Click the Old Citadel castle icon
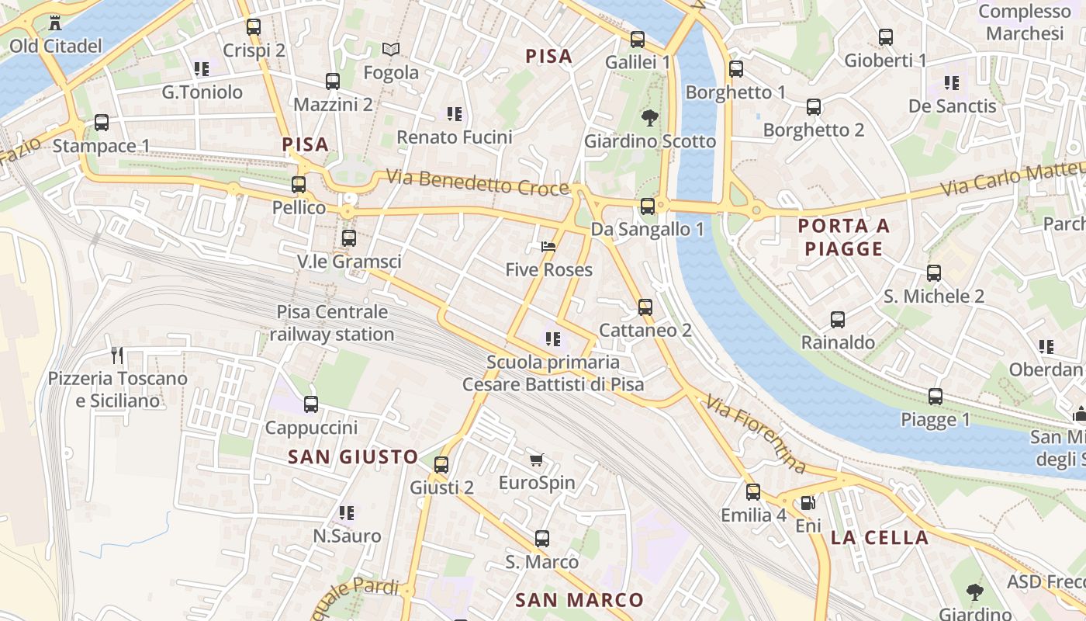click(x=54, y=23)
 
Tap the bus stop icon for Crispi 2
click(x=254, y=27)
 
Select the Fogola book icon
click(x=392, y=50)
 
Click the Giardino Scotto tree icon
click(x=649, y=118)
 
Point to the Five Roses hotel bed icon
click(x=548, y=247)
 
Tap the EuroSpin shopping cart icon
click(x=536, y=460)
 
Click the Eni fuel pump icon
click(x=808, y=503)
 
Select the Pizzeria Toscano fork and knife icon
click(x=118, y=356)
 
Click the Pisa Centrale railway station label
click(x=332, y=323)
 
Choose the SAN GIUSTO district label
click(x=353, y=456)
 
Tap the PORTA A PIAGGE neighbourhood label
click(x=844, y=238)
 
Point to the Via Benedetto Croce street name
click(x=478, y=182)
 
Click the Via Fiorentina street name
click(x=756, y=433)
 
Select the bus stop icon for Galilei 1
click(x=638, y=39)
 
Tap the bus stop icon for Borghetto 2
click(x=814, y=107)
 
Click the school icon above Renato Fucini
click(x=455, y=114)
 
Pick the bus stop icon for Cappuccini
click(x=311, y=404)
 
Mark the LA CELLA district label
click(x=880, y=537)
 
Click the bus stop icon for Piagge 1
click(x=936, y=397)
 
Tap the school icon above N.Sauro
click(x=347, y=512)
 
